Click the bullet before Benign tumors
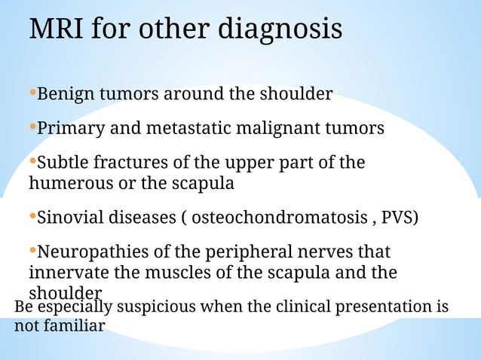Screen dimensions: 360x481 [x=32, y=94]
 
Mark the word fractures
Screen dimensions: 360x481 [x=126, y=163]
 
